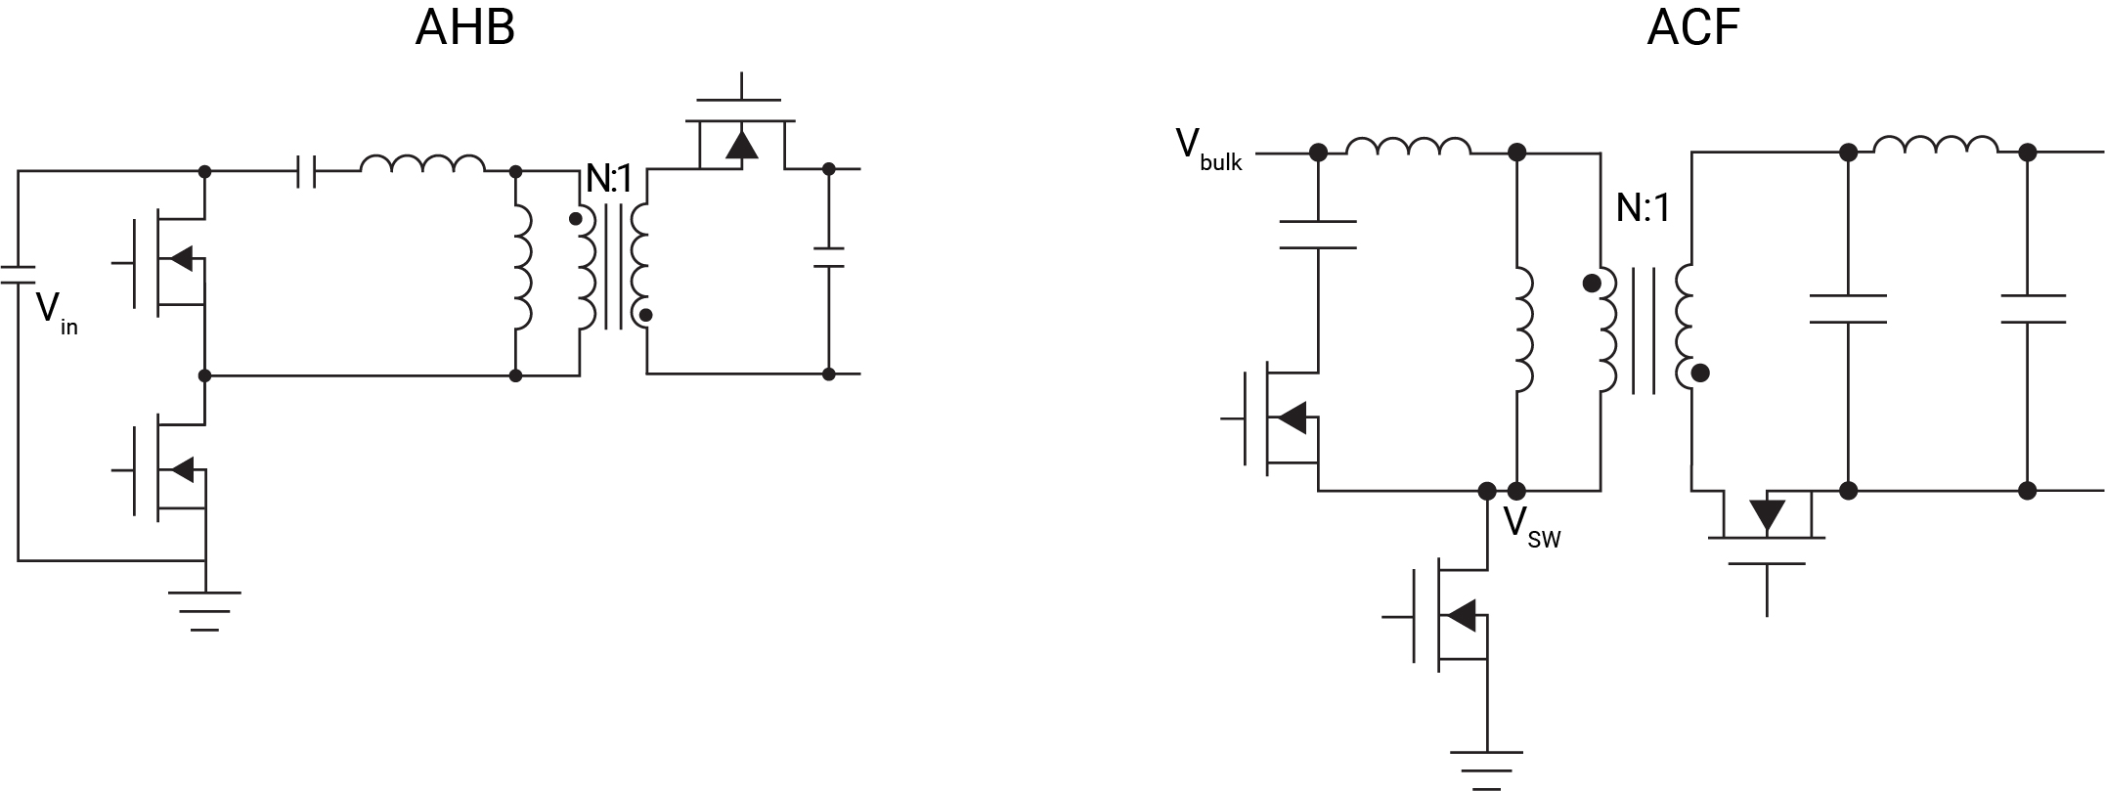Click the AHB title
(464, 29)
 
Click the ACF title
(1692, 29)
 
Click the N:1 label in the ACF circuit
(1643, 207)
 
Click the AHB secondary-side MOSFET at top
(740, 137)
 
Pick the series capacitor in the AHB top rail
(307, 172)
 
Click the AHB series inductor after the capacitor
(422, 165)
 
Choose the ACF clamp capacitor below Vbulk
(1318, 235)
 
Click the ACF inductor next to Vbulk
(1407, 147)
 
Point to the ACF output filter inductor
(1936, 147)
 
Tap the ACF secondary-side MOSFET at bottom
(1767, 533)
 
